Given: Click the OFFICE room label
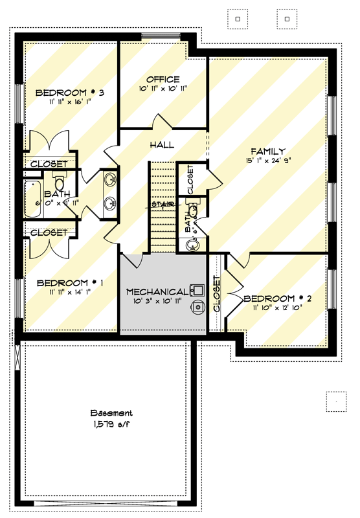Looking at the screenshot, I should [163, 79].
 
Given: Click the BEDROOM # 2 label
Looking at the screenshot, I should [278, 298].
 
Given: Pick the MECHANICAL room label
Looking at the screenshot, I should [157, 292].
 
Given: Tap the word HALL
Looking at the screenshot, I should [161, 144].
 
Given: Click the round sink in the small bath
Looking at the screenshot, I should [191, 245].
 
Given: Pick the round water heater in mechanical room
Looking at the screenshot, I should [196, 309].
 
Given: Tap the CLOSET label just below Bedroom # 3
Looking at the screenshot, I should [49, 164].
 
